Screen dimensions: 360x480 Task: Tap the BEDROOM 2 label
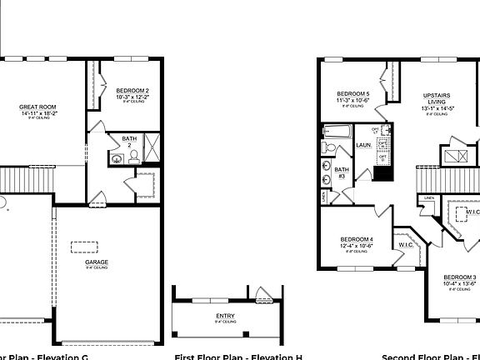pos(132,90)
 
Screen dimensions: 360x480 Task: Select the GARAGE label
pos(97,262)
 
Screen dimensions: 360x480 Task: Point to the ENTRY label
pos(225,316)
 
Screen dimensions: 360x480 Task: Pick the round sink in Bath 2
pos(114,156)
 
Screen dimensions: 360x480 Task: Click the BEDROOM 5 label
pos(352,94)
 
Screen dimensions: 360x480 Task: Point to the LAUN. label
pos(363,145)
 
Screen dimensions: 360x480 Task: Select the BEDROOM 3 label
pos(459,277)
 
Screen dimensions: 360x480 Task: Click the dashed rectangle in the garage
pos(84,245)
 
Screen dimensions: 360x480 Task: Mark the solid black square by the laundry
pos(382,172)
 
